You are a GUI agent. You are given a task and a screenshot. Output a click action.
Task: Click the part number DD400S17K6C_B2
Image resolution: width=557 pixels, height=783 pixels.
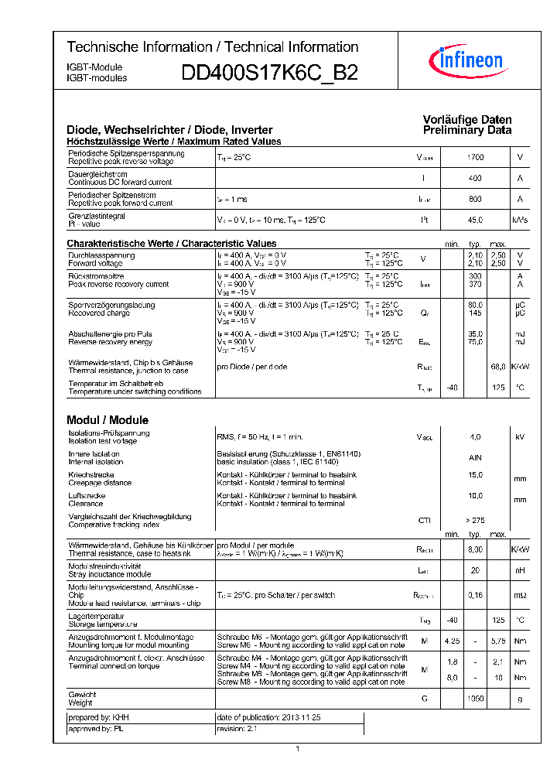(x=269, y=74)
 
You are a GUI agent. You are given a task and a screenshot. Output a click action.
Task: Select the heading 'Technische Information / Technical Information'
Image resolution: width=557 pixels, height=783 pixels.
(x=213, y=47)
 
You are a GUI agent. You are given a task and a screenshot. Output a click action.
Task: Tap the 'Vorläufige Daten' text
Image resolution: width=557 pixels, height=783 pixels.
(x=467, y=120)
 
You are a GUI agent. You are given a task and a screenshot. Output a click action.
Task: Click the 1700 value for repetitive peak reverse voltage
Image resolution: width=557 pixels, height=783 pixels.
(x=475, y=158)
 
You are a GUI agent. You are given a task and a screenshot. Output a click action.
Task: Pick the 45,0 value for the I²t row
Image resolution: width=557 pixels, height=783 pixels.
(x=475, y=221)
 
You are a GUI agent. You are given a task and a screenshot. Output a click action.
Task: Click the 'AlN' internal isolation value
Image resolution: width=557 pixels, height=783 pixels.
(x=475, y=458)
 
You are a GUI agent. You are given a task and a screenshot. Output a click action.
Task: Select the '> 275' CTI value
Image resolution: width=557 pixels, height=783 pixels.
(x=475, y=521)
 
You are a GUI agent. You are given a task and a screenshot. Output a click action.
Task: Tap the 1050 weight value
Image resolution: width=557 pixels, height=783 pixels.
(x=475, y=699)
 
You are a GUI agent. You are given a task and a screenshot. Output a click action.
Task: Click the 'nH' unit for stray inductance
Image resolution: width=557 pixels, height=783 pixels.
(x=520, y=571)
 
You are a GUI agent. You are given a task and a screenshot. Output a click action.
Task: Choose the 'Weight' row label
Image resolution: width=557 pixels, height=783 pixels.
(x=80, y=703)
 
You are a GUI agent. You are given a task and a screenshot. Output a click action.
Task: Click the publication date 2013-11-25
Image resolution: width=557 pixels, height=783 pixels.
(x=268, y=718)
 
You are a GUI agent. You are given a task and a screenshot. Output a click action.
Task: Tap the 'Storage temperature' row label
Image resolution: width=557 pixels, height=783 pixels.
(x=103, y=624)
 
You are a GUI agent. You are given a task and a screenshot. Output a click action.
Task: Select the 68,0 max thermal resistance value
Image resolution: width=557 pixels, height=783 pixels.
(x=497, y=366)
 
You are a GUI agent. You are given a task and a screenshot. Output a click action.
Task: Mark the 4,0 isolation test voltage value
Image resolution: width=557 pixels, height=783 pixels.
(x=475, y=437)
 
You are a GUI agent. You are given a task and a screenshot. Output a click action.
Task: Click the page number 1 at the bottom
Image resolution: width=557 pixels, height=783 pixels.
(x=298, y=748)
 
